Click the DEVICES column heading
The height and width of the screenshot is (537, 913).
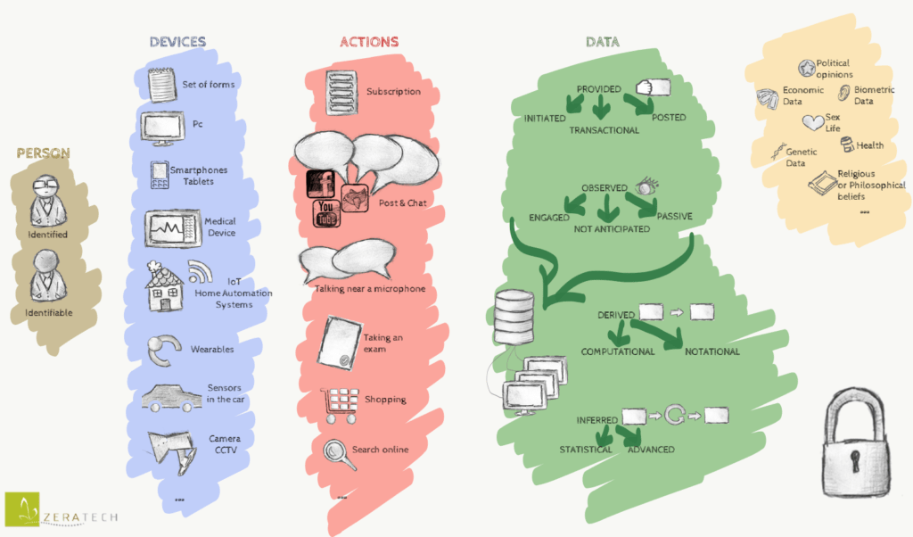(177, 42)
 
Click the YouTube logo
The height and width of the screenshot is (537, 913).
(325, 213)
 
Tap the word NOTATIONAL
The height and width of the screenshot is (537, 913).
(711, 351)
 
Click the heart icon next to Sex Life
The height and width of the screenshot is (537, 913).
(811, 122)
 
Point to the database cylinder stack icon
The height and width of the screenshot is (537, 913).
(514, 316)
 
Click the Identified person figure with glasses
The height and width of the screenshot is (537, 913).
(46, 201)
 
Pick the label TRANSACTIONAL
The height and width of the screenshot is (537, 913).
(604, 130)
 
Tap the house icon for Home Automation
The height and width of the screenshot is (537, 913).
(164, 286)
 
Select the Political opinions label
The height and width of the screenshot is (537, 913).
(833, 69)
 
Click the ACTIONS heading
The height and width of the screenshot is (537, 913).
(369, 42)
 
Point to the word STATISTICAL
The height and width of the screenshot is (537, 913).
(585, 450)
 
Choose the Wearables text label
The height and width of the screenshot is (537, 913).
(212, 350)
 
